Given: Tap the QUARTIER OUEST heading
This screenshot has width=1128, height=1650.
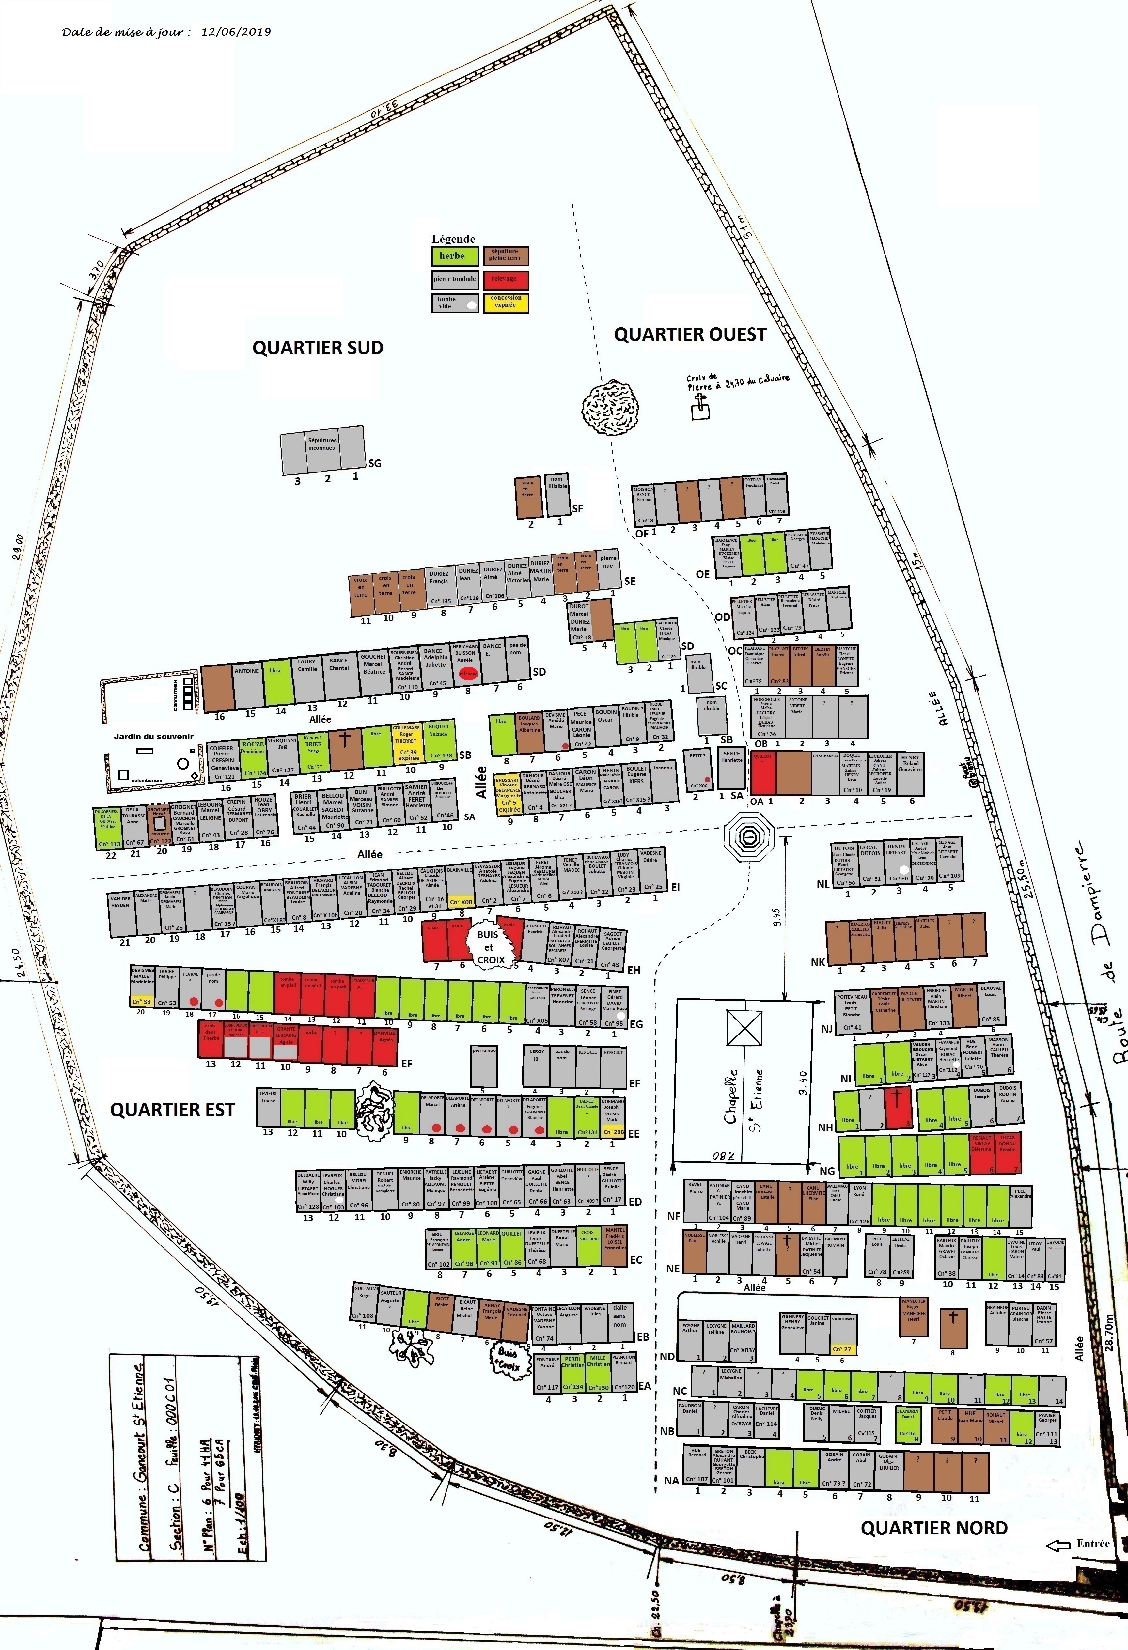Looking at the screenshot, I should coord(690,335).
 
